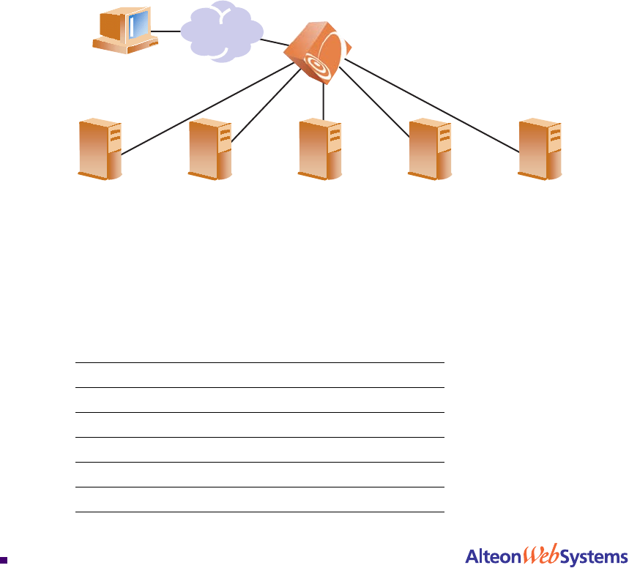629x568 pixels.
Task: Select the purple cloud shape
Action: pyautogui.click(x=221, y=31)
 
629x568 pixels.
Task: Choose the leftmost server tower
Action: pyautogui.click(x=100, y=149)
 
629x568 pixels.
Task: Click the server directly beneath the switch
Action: pyautogui.click(x=320, y=149)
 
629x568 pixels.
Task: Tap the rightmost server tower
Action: pyautogui.click(x=540, y=149)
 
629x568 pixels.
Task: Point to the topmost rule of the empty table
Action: pyautogui.click(x=260, y=362)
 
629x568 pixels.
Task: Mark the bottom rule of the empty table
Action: pyautogui.click(x=260, y=512)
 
